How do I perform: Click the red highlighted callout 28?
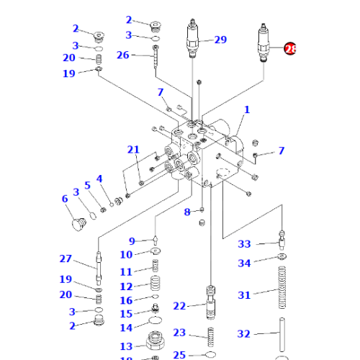290,49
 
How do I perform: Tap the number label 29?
220,40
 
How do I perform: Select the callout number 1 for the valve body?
246,110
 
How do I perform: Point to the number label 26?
123,55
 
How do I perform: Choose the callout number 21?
133,150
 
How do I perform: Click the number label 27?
66,259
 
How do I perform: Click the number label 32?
244,334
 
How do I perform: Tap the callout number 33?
244,244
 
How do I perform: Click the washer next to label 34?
282,258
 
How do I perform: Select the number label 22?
179,306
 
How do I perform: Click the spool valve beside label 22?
211,302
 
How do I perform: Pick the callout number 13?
126,347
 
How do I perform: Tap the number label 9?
132,240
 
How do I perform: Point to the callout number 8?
186,212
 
